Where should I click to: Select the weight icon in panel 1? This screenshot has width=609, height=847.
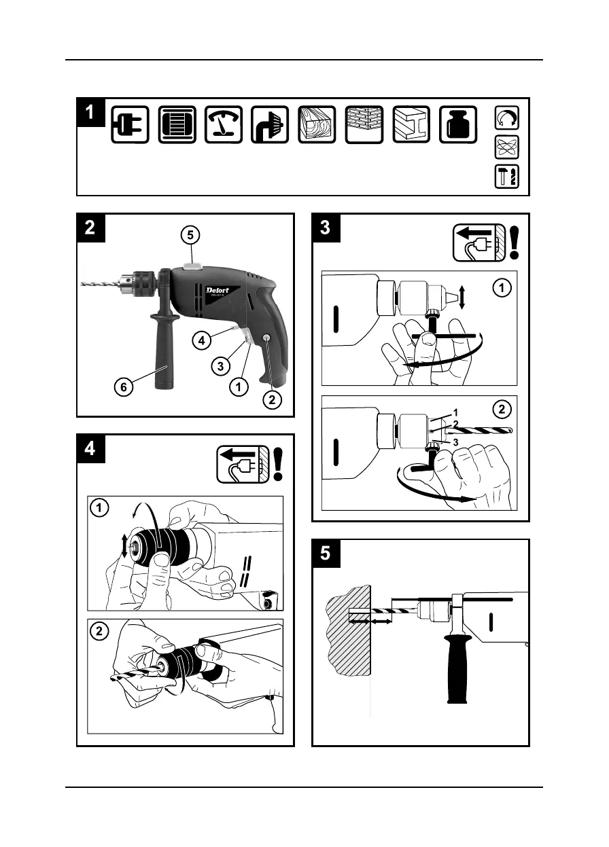click(458, 125)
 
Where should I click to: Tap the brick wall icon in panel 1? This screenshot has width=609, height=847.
click(364, 125)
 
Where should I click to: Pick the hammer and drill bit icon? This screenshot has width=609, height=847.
click(508, 176)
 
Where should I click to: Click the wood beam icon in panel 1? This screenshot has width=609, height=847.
click(317, 125)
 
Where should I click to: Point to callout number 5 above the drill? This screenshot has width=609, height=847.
click(192, 235)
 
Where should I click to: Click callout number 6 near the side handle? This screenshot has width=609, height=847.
click(122, 388)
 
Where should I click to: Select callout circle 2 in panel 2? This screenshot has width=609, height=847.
click(271, 400)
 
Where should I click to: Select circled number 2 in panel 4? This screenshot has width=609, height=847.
click(99, 631)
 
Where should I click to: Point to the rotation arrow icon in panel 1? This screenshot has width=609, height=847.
click(508, 120)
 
